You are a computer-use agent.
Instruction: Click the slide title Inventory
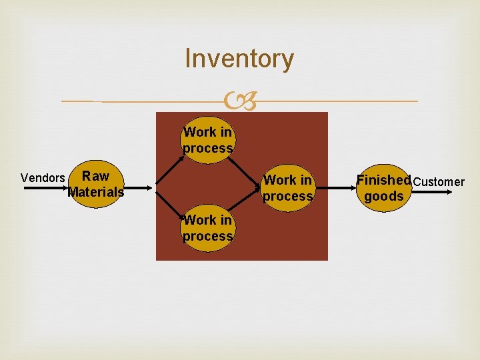click(239, 59)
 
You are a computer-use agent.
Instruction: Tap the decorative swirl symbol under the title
click(240, 102)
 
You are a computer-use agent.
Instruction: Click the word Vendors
click(43, 178)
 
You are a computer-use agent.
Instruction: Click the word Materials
click(96, 193)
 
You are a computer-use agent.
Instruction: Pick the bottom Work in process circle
click(208, 228)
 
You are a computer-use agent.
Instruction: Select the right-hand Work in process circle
click(288, 188)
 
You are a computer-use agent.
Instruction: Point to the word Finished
click(384, 180)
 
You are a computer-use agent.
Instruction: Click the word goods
click(384, 197)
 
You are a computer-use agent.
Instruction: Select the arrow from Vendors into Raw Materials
click(47, 189)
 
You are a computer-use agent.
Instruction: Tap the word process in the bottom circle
click(208, 236)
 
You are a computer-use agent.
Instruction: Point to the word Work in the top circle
click(198, 132)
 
